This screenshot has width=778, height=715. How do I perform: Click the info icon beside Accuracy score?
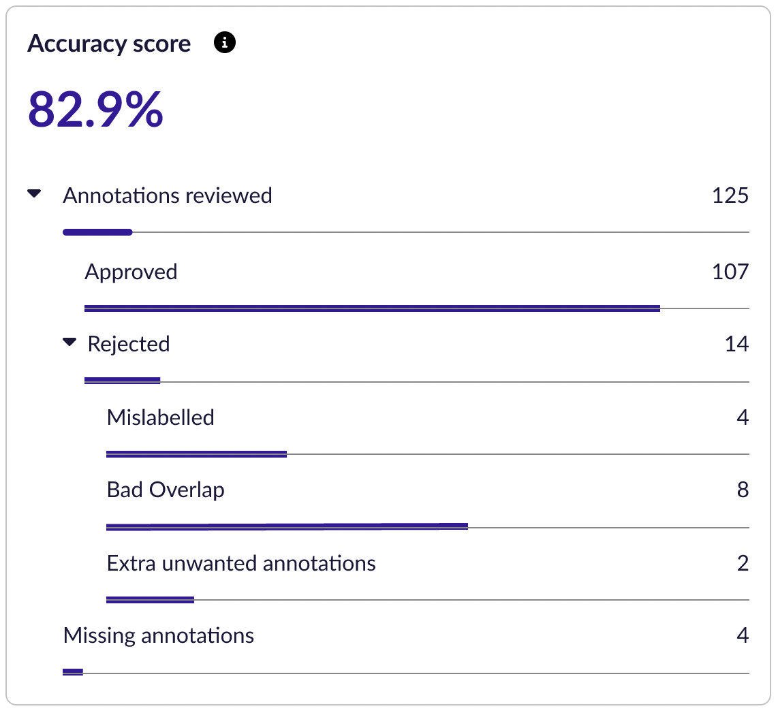(x=225, y=44)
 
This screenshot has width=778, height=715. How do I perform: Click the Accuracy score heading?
(x=109, y=44)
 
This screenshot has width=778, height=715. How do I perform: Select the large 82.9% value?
(x=95, y=109)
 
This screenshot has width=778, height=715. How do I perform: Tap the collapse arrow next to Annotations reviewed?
(x=34, y=194)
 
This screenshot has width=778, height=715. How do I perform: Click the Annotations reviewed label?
(x=168, y=196)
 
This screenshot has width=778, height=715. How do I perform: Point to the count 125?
(x=730, y=196)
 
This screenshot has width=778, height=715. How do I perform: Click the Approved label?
(x=131, y=272)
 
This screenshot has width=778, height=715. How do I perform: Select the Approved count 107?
(x=730, y=272)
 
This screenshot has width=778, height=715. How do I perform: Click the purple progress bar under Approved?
(x=372, y=308)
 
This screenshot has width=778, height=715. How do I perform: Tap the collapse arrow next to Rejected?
(x=69, y=343)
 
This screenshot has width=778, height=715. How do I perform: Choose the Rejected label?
(x=129, y=345)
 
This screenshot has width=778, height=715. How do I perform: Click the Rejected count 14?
(x=736, y=345)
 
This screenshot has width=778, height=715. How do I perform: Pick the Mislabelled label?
(x=161, y=417)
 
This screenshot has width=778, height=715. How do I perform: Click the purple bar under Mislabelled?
(x=196, y=454)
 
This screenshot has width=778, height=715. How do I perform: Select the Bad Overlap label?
(x=166, y=490)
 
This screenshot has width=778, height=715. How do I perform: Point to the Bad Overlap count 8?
(x=743, y=490)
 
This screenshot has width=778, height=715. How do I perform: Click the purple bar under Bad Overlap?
(x=287, y=526)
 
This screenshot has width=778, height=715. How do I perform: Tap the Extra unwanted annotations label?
(x=241, y=564)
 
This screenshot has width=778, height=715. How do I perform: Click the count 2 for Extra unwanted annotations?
(x=743, y=564)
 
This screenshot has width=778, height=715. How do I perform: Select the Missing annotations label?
(x=159, y=636)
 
